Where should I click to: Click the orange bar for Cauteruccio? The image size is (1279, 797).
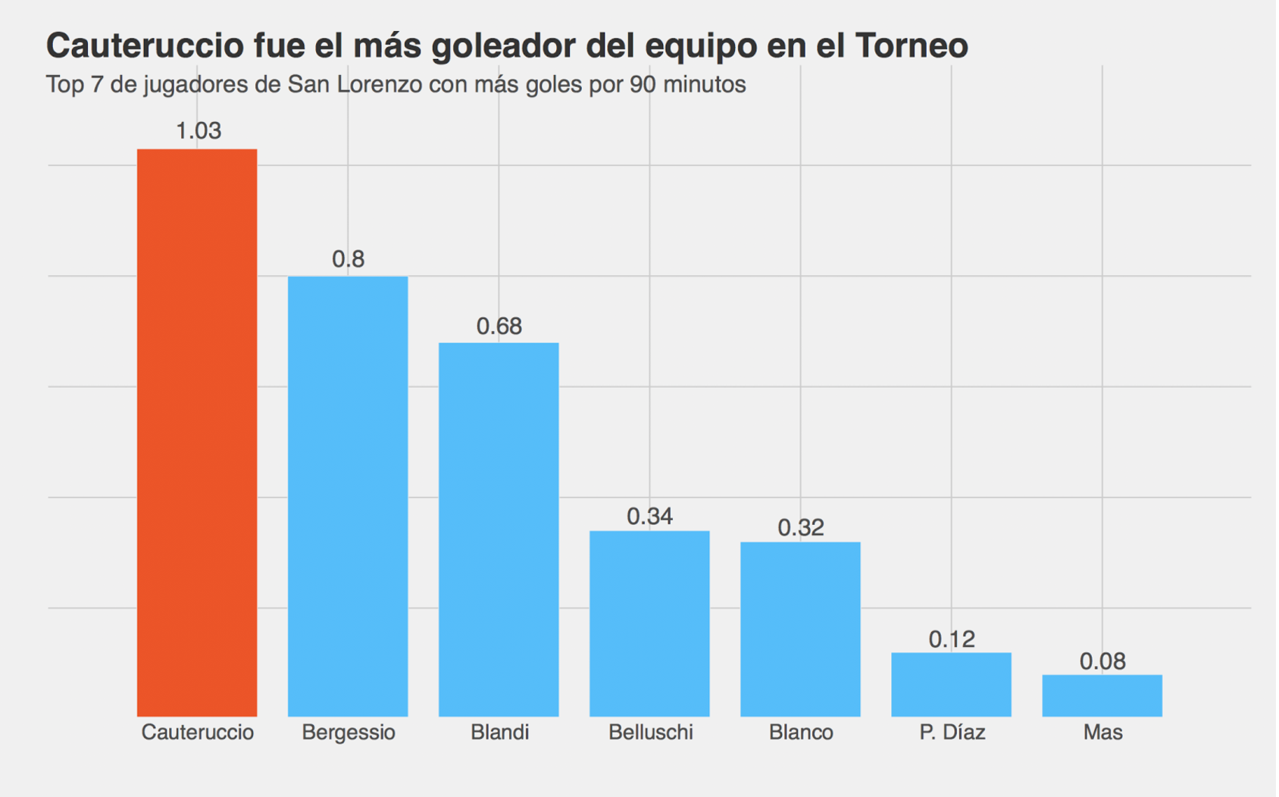[197, 432]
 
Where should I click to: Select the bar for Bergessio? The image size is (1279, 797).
[348, 496]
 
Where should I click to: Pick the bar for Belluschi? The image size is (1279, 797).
[649, 623]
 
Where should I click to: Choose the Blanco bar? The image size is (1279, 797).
[800, 629]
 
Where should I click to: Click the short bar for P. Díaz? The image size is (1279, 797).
[951, 684]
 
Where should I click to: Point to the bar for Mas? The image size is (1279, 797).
[1102, 695]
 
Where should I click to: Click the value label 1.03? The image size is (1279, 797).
[199, 131]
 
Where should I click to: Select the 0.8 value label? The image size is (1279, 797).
[348, 259]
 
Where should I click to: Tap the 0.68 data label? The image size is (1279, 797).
[499, 327]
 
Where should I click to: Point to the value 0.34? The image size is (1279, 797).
[649, 517]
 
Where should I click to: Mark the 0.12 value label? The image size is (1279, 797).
[952, 639]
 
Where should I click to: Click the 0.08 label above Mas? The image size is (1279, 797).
[1102, 661]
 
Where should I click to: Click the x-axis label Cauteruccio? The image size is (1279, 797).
[198, 733]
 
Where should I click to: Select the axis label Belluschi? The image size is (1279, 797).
[650, 733]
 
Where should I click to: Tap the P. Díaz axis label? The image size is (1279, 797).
[952, 733]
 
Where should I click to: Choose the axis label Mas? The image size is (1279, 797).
[1102, 733]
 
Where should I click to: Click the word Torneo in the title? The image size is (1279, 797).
[912, 45]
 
